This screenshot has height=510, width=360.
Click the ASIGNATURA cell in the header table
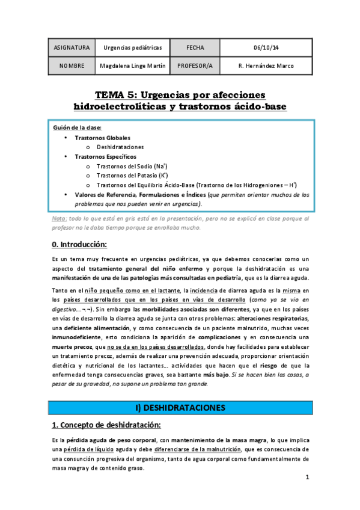click(72, 48)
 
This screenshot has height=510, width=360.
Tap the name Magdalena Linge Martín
click(132, 66)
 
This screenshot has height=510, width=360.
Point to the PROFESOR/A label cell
click(196, 66)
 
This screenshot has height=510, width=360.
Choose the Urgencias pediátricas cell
click(133, 48)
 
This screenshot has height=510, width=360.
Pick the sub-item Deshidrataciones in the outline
click(120, 147)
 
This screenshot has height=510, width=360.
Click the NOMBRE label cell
click(72, 66)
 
